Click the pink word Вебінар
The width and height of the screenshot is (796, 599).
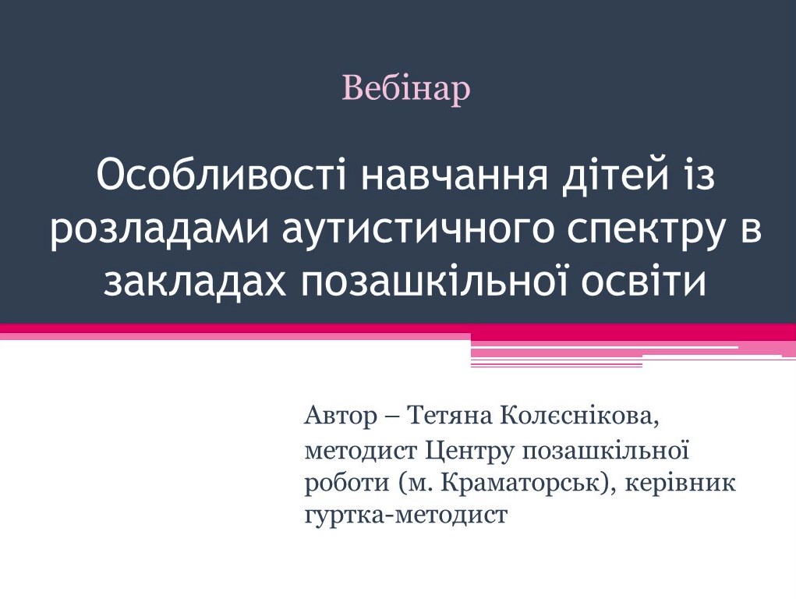(406, 89)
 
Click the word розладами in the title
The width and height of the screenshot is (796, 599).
(147, 232)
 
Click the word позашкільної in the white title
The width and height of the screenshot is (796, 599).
(451, 285)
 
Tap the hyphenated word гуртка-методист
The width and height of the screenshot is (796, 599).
(405, 516)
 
